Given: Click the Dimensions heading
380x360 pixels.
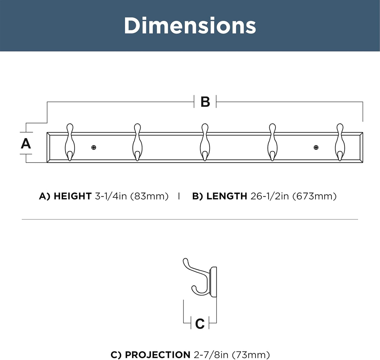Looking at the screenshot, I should point(190,26).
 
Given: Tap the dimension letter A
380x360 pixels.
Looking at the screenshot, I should point(26,144).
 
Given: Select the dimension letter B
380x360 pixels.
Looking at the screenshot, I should point(205,102).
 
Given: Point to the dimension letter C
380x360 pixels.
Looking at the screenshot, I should point(200,324).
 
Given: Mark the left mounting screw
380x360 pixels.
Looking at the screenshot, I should point(94,147).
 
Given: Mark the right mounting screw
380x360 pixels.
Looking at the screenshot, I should point(316,147).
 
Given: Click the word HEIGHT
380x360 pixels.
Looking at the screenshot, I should point(72,196).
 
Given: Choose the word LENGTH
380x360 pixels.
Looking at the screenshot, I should point(227,196).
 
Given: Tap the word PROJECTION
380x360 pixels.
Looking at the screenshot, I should point(158,355).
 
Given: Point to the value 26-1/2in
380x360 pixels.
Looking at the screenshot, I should point(270,196).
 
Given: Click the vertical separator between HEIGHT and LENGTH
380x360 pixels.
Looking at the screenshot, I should point(179,196).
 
